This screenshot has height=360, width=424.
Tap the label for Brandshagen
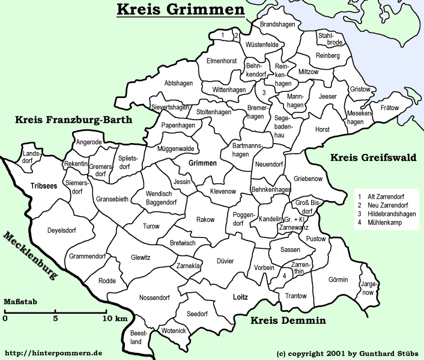pos(277,25)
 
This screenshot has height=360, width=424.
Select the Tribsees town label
pos(43,186)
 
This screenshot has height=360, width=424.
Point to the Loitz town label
pos(240,296)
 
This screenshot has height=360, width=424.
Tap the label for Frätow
pos(389,108)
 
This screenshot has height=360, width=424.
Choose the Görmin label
pos(338,279)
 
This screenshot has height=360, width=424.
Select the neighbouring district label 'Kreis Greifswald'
pos(372,158)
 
